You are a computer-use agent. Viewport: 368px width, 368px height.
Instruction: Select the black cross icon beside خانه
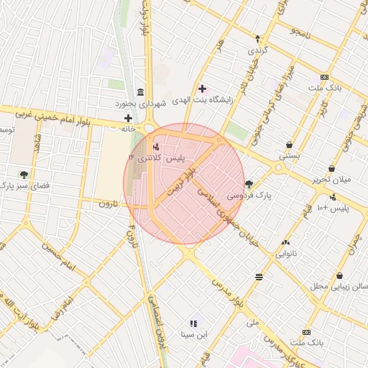[x=128, y=118]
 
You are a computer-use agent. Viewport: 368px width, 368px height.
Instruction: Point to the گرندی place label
[x=257, y=51]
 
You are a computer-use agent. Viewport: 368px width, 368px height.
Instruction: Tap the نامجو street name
[x=301, y=33]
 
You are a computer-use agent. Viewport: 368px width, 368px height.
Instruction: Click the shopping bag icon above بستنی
[x=290, y=143]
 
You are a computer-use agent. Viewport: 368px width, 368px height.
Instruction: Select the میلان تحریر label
[x=332, y=179]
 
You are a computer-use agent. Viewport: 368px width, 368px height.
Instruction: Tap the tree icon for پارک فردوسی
[x=249, y=183]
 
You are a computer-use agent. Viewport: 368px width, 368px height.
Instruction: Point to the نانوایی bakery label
[x=286, y=254]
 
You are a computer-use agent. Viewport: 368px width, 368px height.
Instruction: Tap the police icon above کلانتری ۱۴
[x=157, y=146]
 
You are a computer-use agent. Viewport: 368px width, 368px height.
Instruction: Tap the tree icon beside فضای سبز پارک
[x=24, y=174]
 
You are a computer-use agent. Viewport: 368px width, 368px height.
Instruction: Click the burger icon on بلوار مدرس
[x=259, y=277]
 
